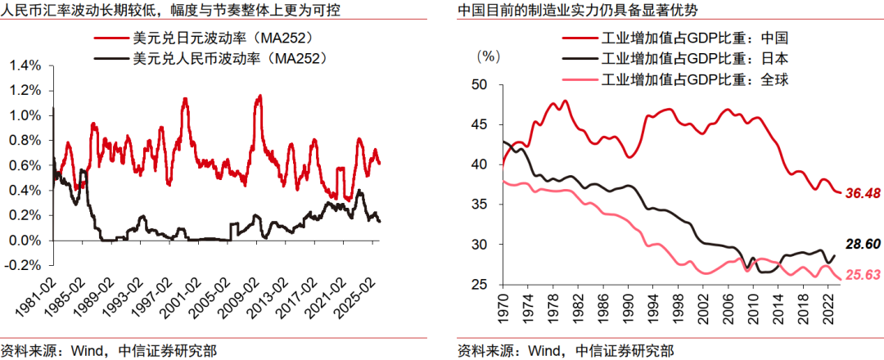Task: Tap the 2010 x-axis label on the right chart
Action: pos(751,306)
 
